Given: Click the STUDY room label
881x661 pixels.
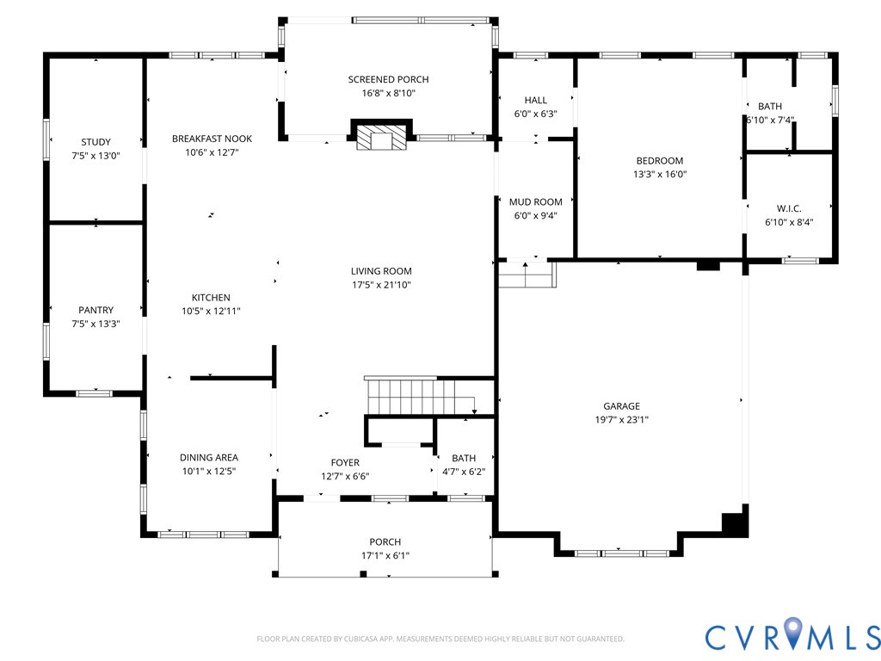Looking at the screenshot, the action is pos(95,142).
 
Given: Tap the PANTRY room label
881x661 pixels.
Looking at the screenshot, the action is pos(95,310).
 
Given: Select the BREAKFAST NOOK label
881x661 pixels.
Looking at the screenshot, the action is pos(212,139).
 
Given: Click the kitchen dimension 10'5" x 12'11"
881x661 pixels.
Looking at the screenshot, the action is pos(211,312).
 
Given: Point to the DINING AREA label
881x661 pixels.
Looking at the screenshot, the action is pos(209,458).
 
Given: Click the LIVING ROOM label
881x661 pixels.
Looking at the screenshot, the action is pos(381,271).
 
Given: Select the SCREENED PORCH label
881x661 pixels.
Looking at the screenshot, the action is pos(388,80).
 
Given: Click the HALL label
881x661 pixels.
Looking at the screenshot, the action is pos(535,100).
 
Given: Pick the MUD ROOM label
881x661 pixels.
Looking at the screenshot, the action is pos(535,202).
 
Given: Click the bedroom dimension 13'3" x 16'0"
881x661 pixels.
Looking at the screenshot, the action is pos(660,174).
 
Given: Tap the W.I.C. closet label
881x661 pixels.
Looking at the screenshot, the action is pos(789,209).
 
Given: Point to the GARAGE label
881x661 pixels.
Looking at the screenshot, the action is pos(621,406).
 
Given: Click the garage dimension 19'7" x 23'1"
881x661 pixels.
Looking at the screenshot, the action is pos(621,420).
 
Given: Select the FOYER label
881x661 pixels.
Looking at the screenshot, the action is pos(345,463).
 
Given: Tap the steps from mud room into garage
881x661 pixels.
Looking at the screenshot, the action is pos(527,274).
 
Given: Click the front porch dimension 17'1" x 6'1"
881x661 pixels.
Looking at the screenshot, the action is pos(385,557).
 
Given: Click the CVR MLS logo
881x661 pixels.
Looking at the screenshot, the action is pos(792,636).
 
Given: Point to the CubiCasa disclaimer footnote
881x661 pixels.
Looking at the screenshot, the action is pos(440,639).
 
